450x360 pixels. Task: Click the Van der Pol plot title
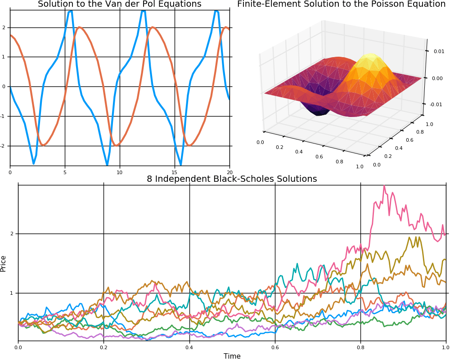119,4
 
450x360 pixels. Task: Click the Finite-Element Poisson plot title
341,4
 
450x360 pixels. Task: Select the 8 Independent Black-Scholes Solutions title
232,179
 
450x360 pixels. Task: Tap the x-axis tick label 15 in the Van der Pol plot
175,172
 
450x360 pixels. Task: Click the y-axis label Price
4,263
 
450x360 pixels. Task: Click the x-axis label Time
232,356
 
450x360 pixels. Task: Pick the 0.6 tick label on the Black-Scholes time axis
275,347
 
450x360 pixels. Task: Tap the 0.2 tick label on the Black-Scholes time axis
103,347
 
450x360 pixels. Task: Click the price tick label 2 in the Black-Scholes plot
13,234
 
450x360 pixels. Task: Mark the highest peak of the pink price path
384,186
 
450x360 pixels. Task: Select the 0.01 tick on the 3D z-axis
439,51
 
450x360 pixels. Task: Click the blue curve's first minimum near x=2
33,163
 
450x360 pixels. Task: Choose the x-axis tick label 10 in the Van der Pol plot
119,172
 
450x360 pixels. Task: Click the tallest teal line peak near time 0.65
297,264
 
